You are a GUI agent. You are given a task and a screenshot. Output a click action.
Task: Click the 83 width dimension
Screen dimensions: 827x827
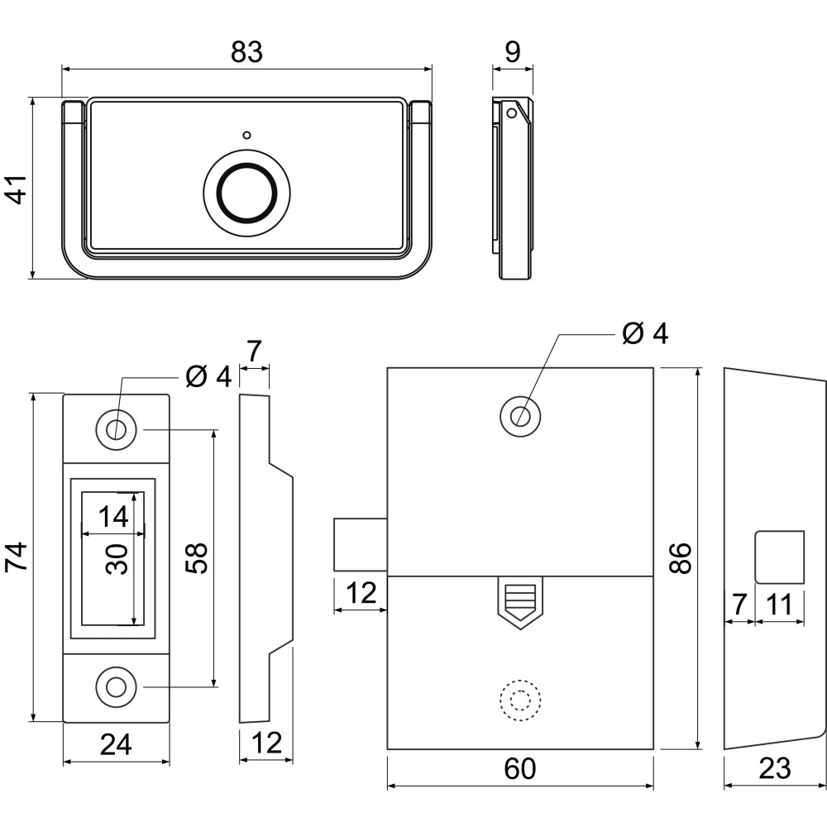(246, 52)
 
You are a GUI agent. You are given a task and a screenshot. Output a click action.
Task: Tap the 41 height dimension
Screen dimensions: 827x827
(17, 189)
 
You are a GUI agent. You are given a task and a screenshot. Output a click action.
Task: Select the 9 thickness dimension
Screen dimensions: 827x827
(512, 51)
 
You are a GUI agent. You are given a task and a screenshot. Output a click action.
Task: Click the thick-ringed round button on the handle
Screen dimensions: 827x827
(246, 192)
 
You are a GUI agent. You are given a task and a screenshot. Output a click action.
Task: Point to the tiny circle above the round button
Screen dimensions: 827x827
(246, 135)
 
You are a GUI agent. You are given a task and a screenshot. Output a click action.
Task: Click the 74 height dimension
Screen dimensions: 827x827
(17, 557)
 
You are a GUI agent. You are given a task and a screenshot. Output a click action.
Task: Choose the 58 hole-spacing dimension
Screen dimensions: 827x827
(197, 558)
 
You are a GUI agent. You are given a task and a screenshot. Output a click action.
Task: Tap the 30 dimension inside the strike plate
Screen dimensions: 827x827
(117, 559)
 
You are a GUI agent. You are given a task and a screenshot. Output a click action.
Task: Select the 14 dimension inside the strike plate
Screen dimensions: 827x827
(113, 516)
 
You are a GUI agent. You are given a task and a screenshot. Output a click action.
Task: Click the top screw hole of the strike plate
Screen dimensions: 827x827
(116, 430)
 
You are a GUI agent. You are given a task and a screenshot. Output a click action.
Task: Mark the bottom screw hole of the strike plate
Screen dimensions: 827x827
(116, 687)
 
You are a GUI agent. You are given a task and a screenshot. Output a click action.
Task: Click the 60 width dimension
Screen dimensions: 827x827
(520, 768)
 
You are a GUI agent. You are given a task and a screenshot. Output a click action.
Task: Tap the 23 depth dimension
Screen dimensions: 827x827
(775, 768)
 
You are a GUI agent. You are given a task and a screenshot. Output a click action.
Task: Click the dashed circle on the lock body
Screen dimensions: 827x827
(520, 700)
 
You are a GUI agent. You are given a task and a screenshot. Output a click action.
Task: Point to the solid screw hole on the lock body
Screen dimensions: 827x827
(520, 417)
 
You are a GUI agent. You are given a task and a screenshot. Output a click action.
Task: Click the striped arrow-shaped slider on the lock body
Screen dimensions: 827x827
(520, 603)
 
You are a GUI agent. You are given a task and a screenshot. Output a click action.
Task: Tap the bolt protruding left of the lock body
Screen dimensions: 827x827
(361, 544)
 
